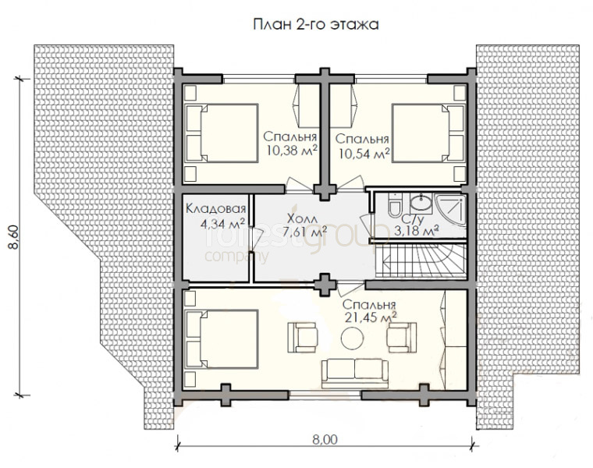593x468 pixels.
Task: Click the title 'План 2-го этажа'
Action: click(x=315, y=25)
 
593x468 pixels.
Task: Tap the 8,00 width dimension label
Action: click(x=325, y=440)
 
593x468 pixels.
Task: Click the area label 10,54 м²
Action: click(x=364, y=154)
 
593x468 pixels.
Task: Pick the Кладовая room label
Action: click(x=216, y=208)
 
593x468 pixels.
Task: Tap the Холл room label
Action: click(x=303, y=218)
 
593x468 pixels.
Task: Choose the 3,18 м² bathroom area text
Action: click(x=417, y=230)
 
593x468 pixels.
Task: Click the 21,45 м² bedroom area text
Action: click(x=371, y=317)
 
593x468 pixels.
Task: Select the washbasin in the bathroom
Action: click(x=421, y=204)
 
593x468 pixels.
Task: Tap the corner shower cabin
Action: click(x=452, y=210)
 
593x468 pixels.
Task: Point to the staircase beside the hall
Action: click(x=421, y=261)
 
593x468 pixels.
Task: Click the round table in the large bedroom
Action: click(x=352, y=339)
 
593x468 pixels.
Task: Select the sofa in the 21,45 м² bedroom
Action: click(x=355, y=373)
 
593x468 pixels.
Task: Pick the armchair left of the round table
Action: click(x=303, y=337)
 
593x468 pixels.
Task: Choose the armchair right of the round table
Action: click(x=402, y=337)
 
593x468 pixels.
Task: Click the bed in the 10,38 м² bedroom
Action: click(x=222, y=133)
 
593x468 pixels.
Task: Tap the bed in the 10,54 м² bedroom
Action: click(x=428, y=133)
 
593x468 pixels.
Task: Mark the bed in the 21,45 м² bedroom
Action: click(x=222, y=339)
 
